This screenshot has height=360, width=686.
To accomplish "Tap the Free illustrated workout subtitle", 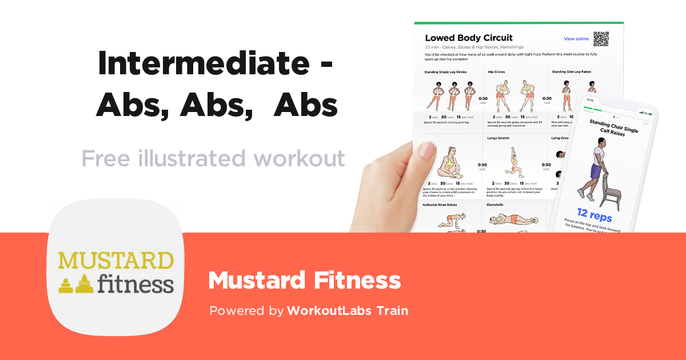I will tap(213, 158).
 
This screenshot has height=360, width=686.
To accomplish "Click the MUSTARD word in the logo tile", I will tap(115, 261).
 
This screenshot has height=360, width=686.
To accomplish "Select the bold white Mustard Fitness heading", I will tap(304, 281).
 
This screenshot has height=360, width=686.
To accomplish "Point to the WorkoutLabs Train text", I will tap(348, 311).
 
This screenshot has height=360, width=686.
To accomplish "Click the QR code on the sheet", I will tap(601, 39).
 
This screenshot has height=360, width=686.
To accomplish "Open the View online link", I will tap(576, 39).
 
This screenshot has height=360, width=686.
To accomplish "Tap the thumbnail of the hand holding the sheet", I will tap(394, 183).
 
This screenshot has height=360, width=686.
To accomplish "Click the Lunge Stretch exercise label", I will tap(498, 138).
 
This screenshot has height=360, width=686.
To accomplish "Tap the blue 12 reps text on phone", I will tap(594, 215).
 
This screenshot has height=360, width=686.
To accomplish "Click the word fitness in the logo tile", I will tap(134, 283).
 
